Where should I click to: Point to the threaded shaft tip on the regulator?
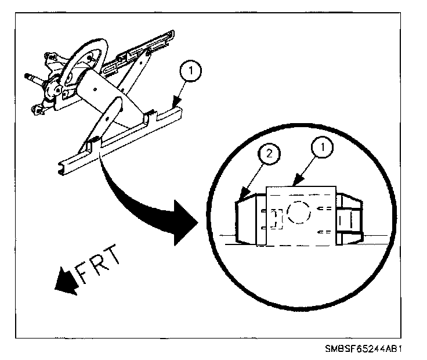click(x=30, y=75)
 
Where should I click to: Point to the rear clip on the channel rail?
click(x=148, y=115)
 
